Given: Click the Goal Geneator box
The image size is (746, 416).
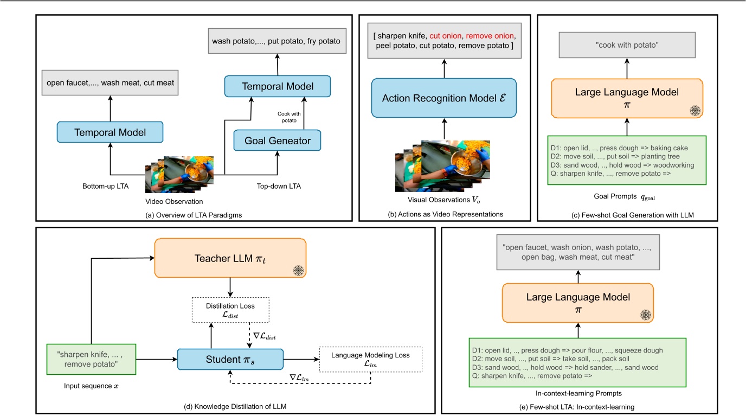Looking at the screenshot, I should pos(277,140).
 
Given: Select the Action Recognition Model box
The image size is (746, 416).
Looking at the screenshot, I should pos(443,98).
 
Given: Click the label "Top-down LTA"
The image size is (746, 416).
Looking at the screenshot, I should pos(278,186).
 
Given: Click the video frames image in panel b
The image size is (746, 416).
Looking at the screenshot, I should pos(442,165).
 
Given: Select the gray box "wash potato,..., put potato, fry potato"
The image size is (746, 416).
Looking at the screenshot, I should pos(277,41).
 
